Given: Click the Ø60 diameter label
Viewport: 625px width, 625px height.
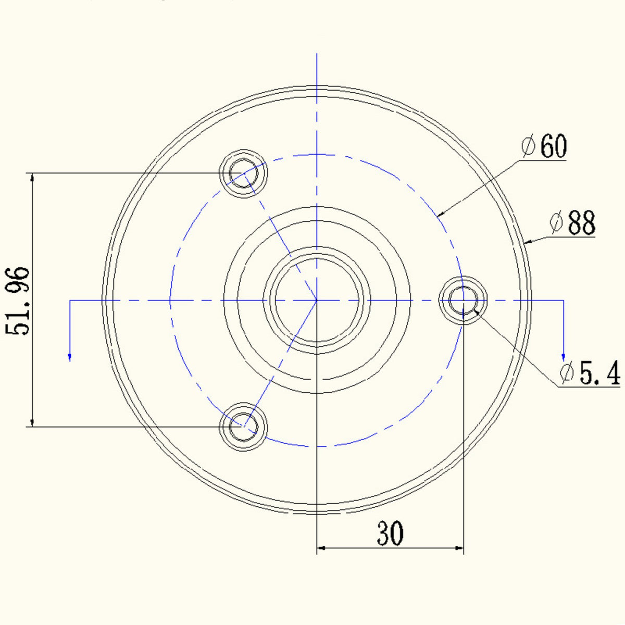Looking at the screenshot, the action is [544, 146].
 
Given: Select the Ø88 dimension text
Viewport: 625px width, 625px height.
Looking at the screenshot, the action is [572, 222].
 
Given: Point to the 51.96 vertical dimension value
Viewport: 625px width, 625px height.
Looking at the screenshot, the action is [17, 302].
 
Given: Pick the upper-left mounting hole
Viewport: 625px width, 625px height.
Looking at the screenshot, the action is [243, 173].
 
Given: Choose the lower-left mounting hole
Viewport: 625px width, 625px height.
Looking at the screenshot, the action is [243, 427].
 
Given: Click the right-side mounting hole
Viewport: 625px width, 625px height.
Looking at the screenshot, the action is [463, 301].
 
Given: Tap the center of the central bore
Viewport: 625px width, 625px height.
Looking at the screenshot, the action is [317, 301].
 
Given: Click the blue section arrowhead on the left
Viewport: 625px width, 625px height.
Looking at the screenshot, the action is [70, 357].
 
